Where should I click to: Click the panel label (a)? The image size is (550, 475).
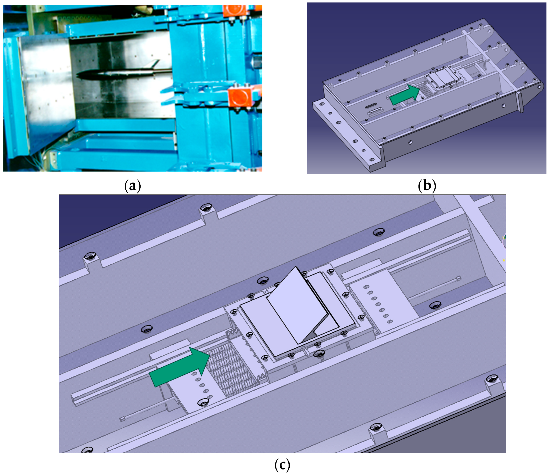[x=132, y=186]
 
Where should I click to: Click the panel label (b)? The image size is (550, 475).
[x=427, y=186]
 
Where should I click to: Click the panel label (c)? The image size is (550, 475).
[x=282, y=465]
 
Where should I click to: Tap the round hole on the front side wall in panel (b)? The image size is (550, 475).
[x=410, y=142]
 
